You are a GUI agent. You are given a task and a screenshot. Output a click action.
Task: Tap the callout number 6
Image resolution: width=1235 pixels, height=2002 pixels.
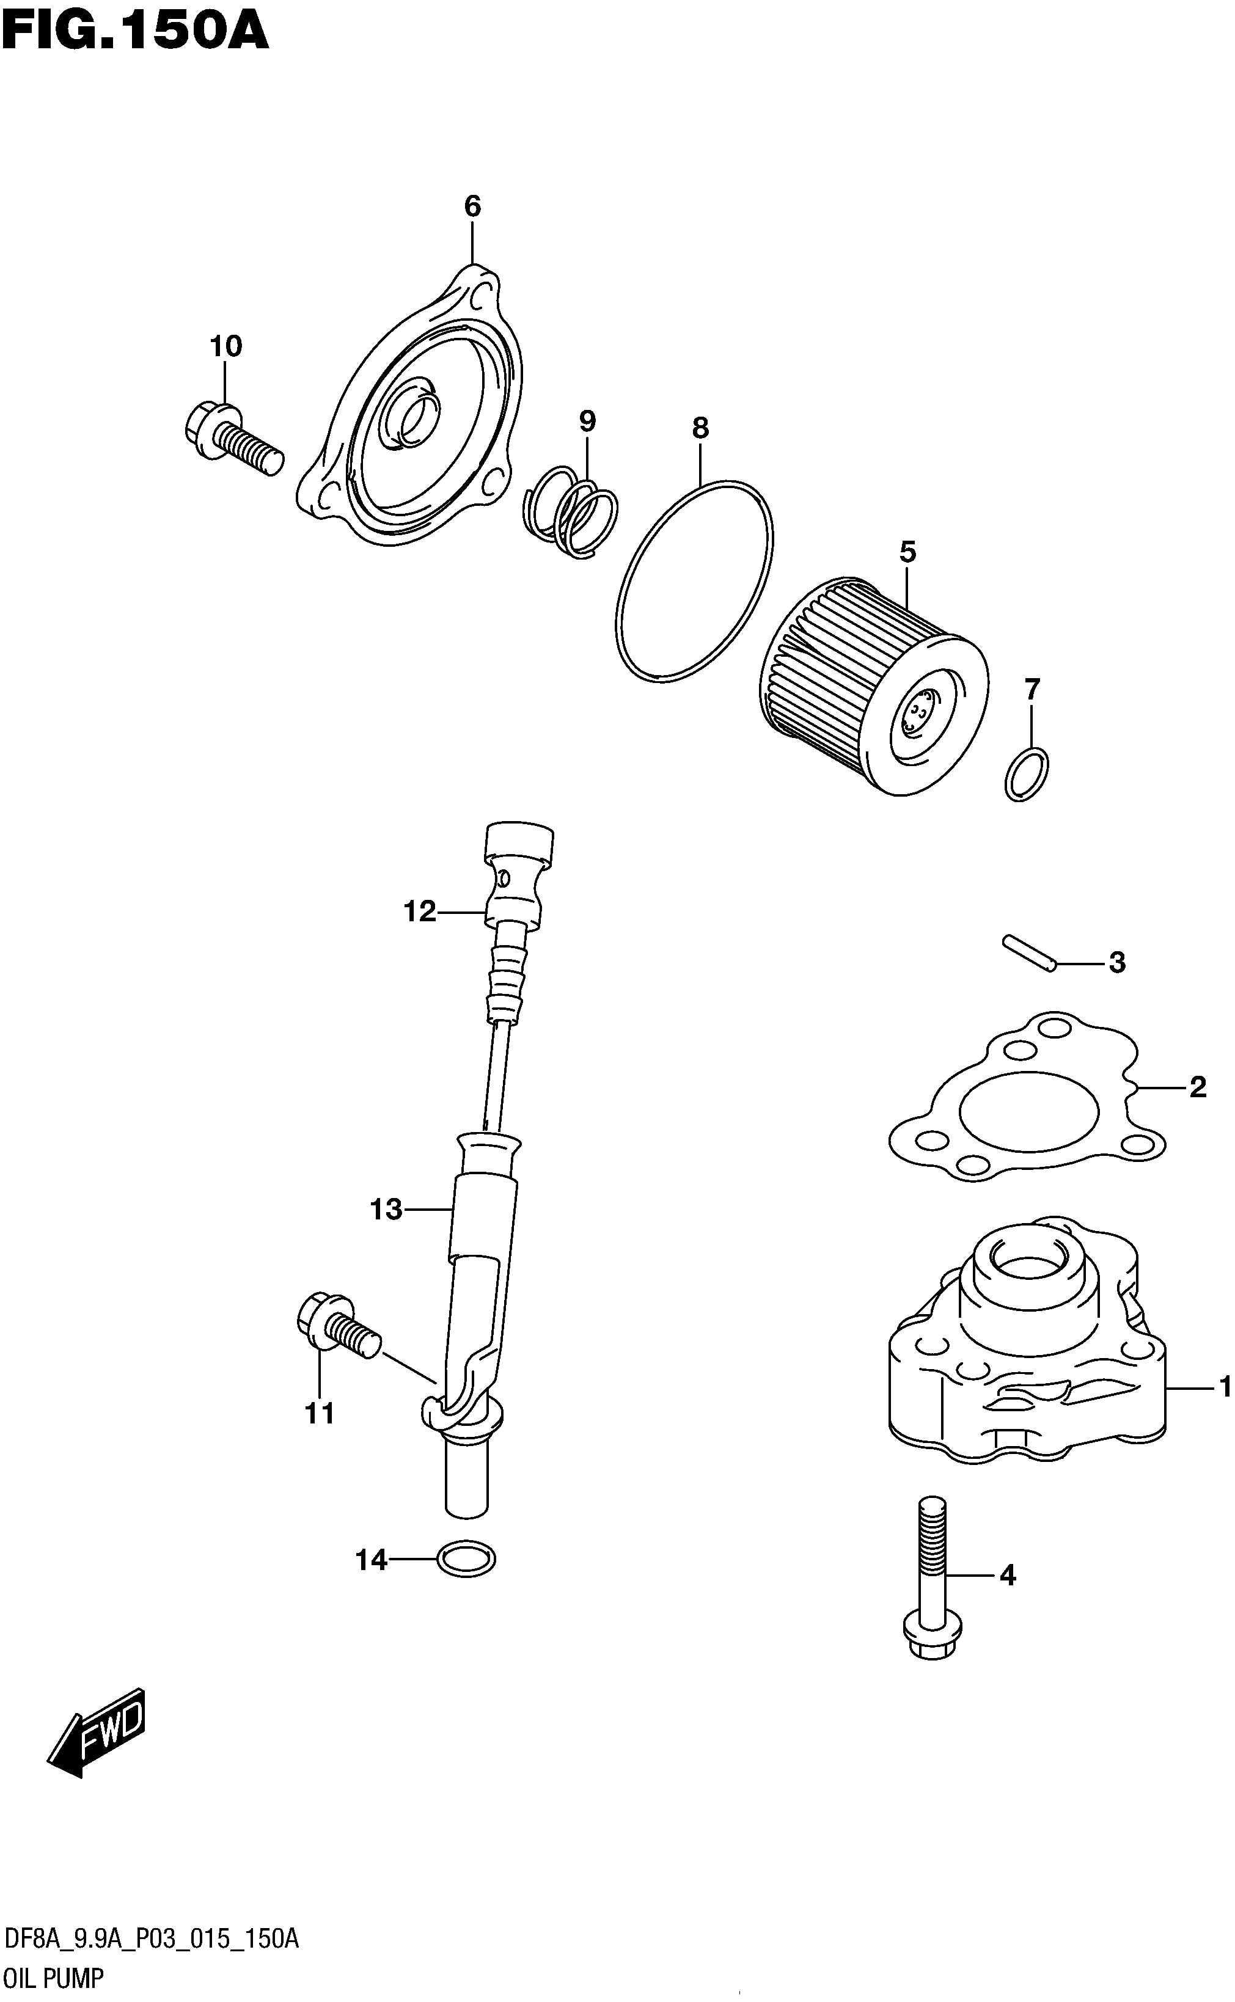pyautogui.click(x=472, y=206)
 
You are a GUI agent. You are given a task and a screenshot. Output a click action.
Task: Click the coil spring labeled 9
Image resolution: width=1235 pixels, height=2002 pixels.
pyautogui.click(x=570, y=512)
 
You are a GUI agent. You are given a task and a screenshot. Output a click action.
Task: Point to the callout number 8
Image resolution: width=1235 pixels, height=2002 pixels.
pyautogui.click(x=700, y=428)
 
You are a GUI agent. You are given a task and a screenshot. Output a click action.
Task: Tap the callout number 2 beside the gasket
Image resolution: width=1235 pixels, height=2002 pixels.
pyautogui.click(x=1198, y=1087)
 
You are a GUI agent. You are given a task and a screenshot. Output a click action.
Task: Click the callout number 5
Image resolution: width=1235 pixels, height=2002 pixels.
pyautogui.click(x=907, y=553)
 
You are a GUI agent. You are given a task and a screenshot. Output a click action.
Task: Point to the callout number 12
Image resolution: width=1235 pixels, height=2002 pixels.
pyautogui.click(x=420, y=911)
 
